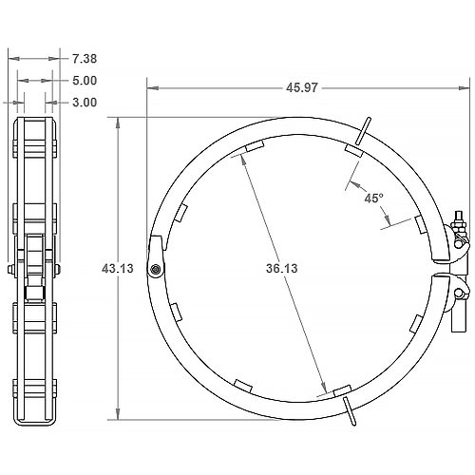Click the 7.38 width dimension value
point(84,59)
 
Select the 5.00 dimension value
point(84,81)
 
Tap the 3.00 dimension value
point(84,102)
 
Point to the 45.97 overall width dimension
point(301,87)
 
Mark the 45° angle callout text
point(373,199)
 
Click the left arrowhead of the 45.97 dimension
point(151,87)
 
